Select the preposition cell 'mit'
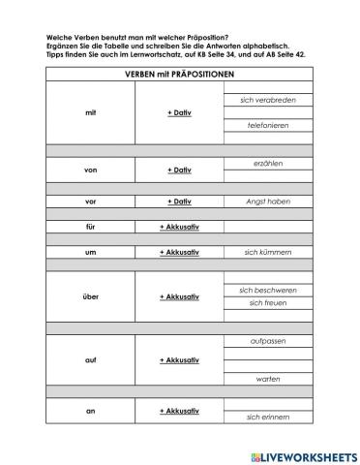coord(90,113)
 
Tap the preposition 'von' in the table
coord(90,170)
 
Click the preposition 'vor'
coord(90,201)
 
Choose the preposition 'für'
coord(90,226)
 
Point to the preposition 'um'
coord(90,252)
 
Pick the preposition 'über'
coord(90,296)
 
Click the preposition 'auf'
coord(90,359)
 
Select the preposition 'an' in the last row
coord(90,411)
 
